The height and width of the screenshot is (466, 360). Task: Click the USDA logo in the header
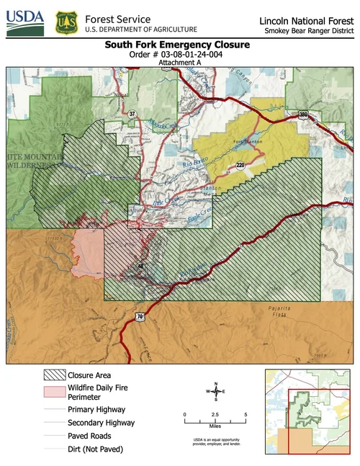[26, 22]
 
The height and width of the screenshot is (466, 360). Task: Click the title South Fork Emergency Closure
[177, 45]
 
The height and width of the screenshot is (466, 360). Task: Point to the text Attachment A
[177, 63]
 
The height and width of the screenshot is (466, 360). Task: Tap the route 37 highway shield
[132, 114]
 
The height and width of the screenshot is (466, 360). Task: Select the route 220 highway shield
[240, 165]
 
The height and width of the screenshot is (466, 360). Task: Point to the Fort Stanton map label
[241, 142]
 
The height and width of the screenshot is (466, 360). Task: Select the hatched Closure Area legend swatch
[54, 375]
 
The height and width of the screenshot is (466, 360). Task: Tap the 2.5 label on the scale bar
[215, 416]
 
